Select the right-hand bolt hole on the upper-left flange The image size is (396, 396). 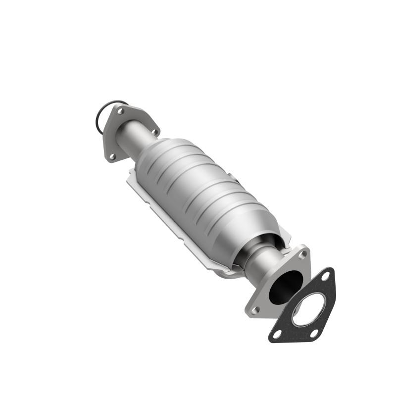[154, 132]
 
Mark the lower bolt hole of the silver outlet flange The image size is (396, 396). [255, 310]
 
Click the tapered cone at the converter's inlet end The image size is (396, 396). [151, 148]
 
